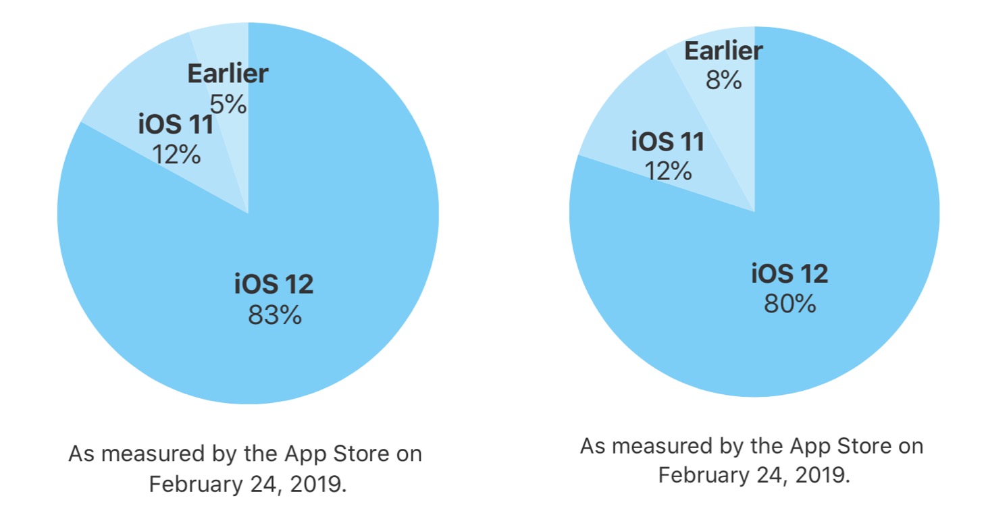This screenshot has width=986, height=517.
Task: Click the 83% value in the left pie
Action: coord(275,315)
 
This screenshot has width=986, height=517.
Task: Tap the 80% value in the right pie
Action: coord(790,304)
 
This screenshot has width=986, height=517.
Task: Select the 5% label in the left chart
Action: coord(228,105)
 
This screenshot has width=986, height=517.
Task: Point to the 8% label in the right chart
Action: coord(724,80)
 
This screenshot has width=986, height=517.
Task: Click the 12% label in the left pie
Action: coord(176,155)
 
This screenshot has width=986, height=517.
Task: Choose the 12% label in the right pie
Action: coord(668,171)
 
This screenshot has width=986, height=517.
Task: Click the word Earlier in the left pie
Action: coord(228,74)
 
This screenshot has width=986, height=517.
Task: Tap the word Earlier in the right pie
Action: coord(724,51)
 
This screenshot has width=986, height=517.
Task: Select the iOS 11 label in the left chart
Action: coord(176,124)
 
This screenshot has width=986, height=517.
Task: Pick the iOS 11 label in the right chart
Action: coord(668,142)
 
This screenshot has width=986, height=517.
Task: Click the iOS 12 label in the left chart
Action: coord(274,283)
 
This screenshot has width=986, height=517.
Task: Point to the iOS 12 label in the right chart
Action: coord(789,273)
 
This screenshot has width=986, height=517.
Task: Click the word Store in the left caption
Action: coord(361,454)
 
